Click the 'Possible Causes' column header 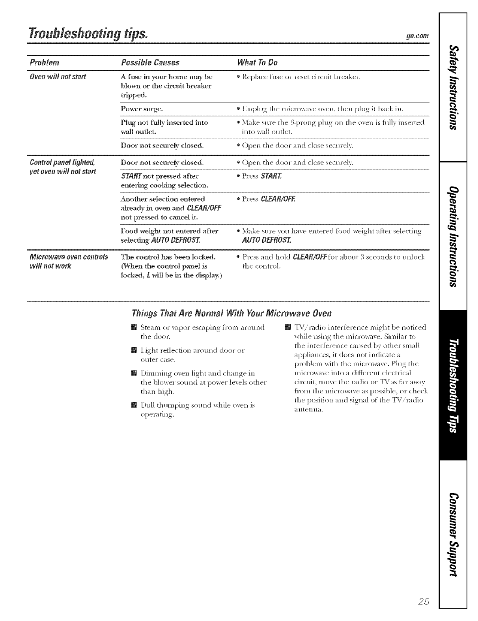point(150,62)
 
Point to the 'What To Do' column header point(257,62)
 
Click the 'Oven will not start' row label point(58,76)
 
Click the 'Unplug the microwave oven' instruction point(323,108)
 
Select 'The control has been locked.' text point(168,257)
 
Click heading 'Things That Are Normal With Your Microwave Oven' point(232,314)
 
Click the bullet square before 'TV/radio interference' point(288,327)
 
